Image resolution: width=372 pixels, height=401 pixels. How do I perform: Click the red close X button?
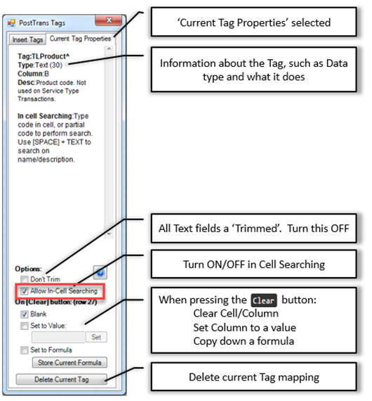click(x=109, y=20)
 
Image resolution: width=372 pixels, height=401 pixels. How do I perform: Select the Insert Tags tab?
click(x=27, y=39)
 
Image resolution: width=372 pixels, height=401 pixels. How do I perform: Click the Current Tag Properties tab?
click(x=80, y=39)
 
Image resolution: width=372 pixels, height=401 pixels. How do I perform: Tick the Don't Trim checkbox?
click(x=25, y=279)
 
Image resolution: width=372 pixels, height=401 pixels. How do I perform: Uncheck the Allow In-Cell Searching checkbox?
click(x=25, y=291)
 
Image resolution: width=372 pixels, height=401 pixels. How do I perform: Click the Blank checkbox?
click(x=25, y=314)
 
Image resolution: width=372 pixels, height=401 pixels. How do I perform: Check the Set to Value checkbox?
click(x=25, y=326)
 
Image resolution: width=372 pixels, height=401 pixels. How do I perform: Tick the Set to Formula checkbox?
click(x=25, y=350)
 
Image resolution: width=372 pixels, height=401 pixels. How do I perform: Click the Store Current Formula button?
click(x=69, y=362)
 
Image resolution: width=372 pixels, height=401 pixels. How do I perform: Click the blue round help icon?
click(x=100, y=272)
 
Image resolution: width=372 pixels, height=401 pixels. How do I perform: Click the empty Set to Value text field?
click(x=58, y=337)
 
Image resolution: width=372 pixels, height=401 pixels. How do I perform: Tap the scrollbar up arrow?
click(x=109, y=49)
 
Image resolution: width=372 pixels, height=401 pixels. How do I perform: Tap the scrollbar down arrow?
click(x=109, y=234)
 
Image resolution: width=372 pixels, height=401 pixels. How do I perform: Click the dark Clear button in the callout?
click(x=264, y=300)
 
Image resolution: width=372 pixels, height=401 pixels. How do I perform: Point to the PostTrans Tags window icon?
click(x=11, y=23)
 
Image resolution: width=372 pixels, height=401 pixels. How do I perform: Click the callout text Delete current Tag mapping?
click(x=254, y=377)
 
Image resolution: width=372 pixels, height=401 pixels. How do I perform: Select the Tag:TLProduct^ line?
click(x=44, y=56)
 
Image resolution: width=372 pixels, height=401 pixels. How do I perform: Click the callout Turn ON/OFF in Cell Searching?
click(x=254, y=265)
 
